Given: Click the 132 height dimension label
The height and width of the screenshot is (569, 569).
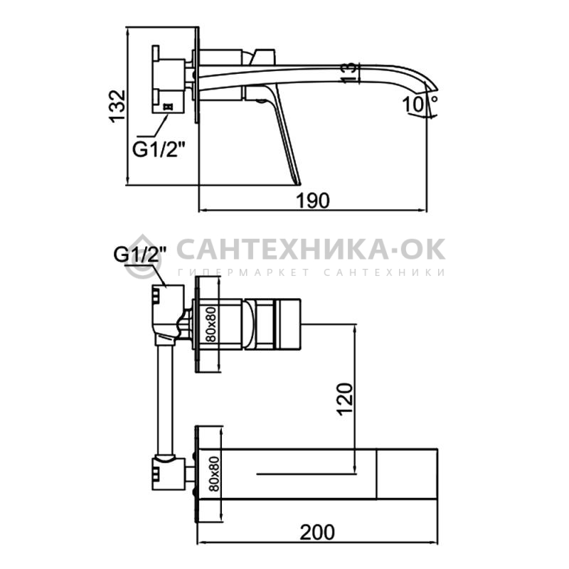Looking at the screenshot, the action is (x=119, y=106).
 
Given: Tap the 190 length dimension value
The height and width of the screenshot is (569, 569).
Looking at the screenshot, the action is (x=313, y=201).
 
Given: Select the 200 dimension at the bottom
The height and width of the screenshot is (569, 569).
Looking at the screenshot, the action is (x=317, y=533).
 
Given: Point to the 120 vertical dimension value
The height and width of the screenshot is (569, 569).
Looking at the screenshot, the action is (x=345, y=398).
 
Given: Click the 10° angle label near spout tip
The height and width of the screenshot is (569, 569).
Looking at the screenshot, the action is (x=420, y=104).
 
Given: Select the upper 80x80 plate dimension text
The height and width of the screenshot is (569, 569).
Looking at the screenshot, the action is (x=211, y=324).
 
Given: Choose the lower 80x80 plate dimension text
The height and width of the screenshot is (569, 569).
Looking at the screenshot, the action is (x=215, y=474).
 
